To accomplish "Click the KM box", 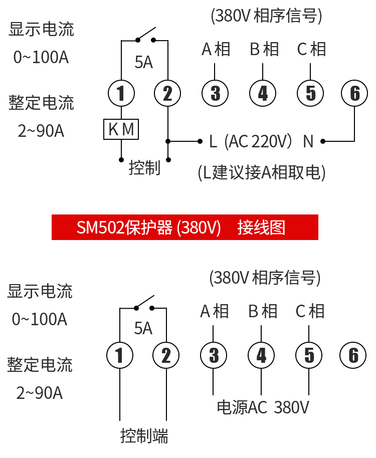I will click(121, 129).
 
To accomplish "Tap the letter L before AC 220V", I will click(213, 142).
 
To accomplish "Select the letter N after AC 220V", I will click(308, 142).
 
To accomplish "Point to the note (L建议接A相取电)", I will click(262, 172).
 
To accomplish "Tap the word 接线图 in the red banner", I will click(262, 227).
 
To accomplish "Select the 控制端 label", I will click(144, 435).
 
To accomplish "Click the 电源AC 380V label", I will click(262, 407).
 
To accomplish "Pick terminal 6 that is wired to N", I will click(354, 93).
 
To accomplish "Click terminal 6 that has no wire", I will click(353, 355).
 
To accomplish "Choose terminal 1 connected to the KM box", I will click(121, 93).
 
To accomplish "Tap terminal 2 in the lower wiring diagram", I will click(166, 355).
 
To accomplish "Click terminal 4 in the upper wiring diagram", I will click(263, 93).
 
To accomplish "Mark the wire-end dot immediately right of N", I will click(323, 141).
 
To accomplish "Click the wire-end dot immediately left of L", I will click(200, 141).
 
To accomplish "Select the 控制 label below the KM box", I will click(144, 168).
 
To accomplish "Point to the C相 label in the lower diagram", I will click(310, 311).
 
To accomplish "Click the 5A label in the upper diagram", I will click(143, 62).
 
